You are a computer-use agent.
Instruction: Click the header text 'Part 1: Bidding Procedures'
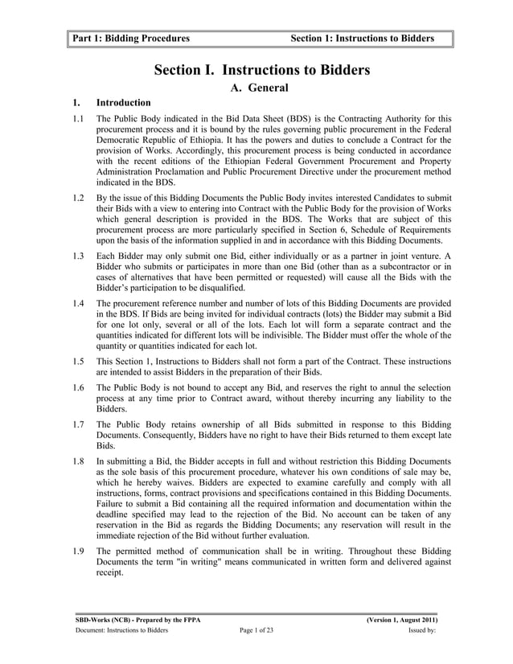130,38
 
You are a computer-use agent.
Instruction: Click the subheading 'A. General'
259,88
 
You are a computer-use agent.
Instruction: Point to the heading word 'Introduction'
123,103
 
